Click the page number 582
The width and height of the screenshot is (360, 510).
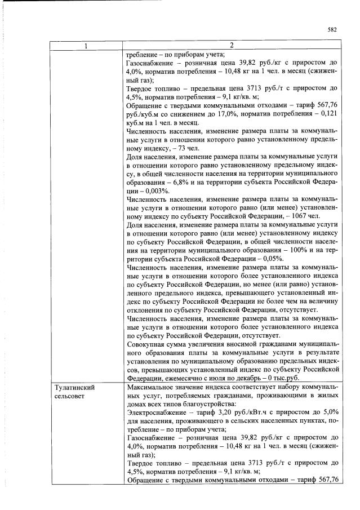coord(332,30)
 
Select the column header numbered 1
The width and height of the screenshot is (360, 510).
coord(86,46)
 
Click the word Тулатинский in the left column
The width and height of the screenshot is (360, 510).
coord(75,388)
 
